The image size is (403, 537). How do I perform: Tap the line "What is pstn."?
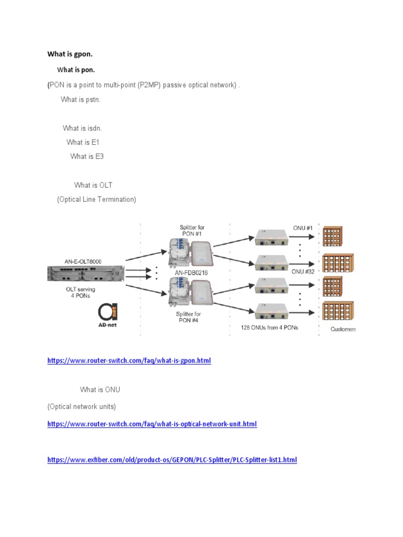point(80,100)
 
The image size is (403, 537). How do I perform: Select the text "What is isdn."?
point(82,128)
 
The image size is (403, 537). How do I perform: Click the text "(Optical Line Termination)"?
point(97,199)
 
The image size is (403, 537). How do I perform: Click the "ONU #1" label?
point(303,228)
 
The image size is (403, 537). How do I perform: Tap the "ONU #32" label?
point(302,272)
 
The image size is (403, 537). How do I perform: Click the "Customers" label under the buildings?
point(342,329)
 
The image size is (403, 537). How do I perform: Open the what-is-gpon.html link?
point(129,361)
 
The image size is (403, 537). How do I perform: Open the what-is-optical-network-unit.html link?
point(152,424)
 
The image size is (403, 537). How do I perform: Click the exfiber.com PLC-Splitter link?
point(172,460)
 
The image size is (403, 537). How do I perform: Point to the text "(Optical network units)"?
point(81,406)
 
